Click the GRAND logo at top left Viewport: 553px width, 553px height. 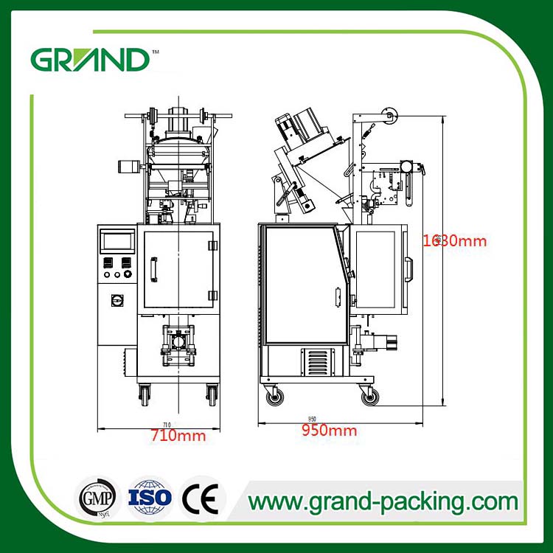coord(89,59)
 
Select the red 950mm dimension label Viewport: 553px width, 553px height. coord(329,431)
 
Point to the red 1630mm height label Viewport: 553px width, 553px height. coord(456,240)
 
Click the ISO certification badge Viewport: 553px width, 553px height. coord(150,500)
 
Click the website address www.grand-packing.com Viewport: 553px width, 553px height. coord(383,501)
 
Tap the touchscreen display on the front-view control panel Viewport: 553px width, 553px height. coord(117,241)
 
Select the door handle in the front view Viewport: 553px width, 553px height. coord(154,269)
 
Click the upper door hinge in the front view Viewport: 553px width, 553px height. coord(212,245)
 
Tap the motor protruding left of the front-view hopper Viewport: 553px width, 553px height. coord(129,166)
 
